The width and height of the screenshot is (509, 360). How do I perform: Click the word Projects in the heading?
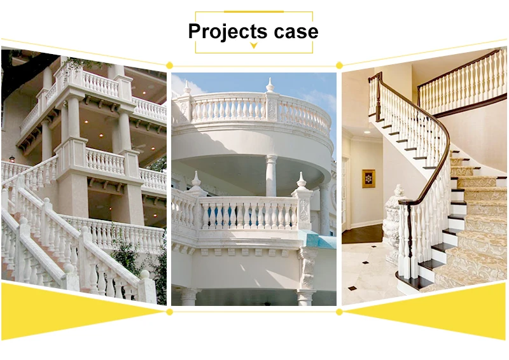(227, 31)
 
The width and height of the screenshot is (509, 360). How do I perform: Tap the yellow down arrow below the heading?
(254, 45)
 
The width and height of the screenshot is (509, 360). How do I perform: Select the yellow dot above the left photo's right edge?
(169, 65)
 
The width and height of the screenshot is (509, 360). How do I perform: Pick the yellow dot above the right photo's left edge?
(339, 65)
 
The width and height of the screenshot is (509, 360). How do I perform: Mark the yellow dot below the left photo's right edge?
(169, 312)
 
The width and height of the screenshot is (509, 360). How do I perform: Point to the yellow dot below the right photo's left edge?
(339, 312)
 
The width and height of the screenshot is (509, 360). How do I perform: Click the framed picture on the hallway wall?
(368, 178)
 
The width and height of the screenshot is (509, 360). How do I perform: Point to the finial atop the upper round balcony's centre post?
(270, 85)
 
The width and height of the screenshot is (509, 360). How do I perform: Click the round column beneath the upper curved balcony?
(271, 175)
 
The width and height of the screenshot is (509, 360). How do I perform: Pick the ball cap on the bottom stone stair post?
(146, 275)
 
